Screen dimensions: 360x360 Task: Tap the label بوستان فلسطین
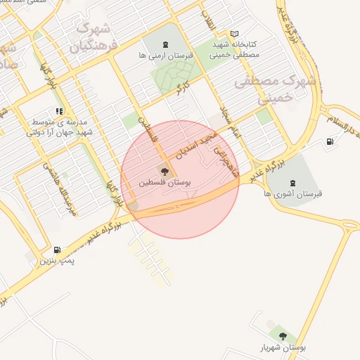click(164, 182)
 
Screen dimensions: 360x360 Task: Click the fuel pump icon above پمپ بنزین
click(57, 250)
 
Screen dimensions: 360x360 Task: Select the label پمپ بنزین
click(56, 261)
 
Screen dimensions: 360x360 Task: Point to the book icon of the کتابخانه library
click(234, 34)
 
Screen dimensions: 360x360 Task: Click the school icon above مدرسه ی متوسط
click(59, 110)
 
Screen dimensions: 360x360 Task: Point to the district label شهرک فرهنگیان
click(92, 39)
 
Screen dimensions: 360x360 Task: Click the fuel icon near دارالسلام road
click(330, 142)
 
